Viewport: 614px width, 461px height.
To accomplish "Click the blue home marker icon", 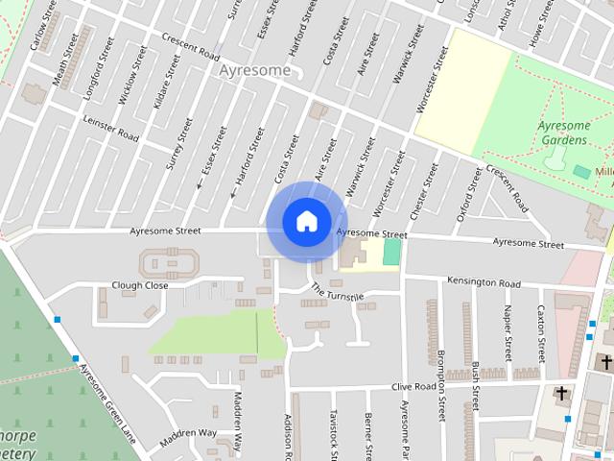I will coord(306,221).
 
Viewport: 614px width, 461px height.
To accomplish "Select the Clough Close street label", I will coord(139,285).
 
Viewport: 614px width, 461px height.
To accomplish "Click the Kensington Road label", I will coord(484,283).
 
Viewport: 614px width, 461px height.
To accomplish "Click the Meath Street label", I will coord(63,63).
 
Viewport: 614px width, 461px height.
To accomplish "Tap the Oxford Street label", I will coord(470,195).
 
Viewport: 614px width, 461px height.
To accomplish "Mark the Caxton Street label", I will coord(541,329).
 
